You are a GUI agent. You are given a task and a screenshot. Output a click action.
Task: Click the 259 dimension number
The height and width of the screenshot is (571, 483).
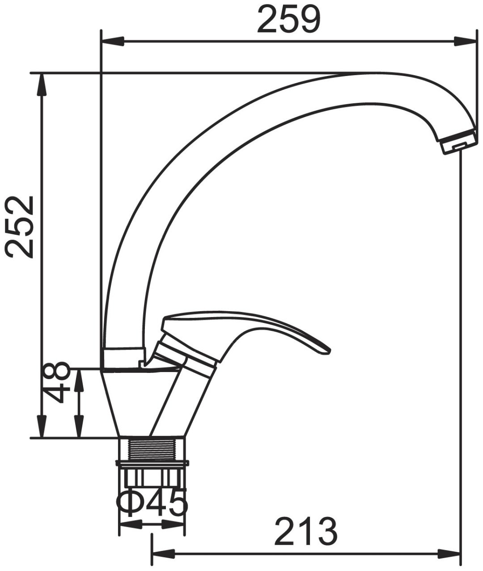click(x=289, y=19)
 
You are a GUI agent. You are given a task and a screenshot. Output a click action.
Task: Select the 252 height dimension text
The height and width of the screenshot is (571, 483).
click(x=19, y=227)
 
